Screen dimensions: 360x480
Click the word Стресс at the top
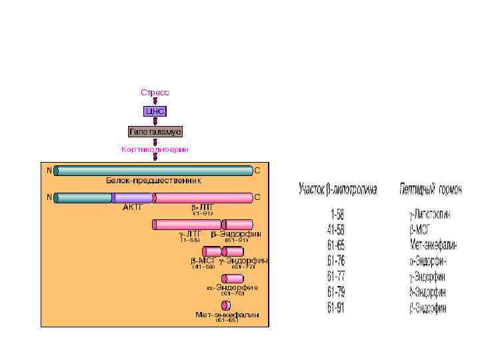click(x=155, y=91)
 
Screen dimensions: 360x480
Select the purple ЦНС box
click(x=155, y=111)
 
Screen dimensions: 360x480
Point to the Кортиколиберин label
click(x=155, y=149)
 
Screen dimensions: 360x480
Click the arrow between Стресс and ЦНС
click(x=155, y=101)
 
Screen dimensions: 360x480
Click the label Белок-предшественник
click(x=153, y=181)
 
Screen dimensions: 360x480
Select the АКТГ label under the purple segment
click(x=133, y=207)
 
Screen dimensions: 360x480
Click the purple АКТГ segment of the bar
click(x=133, y=197)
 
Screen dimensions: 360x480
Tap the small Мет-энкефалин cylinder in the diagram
click(x=226, y=305)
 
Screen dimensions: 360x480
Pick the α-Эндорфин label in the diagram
click(x=232, y=287)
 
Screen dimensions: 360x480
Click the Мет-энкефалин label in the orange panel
click(x=227, y=314)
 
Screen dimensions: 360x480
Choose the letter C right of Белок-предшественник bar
click(x=257, y=171)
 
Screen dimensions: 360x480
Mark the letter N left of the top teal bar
click(x=49, y=170)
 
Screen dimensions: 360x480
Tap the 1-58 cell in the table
click(x=338, y=215)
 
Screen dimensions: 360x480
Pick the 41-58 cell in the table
click(x=338, y=230)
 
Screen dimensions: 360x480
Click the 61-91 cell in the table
click(x=338, y=307)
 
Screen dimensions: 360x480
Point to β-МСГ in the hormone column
click(x=421, y=230)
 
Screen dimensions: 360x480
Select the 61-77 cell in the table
click(x=338, y=277)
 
